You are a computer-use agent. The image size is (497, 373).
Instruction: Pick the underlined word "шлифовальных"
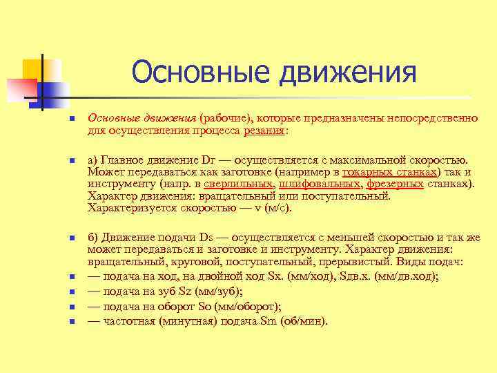click(x=320, y=184)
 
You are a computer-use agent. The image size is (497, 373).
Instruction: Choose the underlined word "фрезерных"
click(x=394, y=184)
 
